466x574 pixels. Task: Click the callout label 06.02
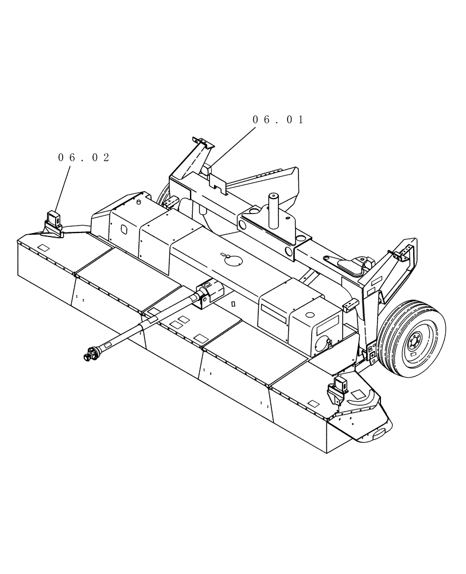(84, 158)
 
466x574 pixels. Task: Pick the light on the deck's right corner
(337, 390)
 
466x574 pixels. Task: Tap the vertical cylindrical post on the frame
(274, 210)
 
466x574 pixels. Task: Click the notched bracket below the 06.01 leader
(218, 181)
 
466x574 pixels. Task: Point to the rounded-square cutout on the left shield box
(125, 228)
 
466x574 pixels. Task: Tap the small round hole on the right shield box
(310, 315)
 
